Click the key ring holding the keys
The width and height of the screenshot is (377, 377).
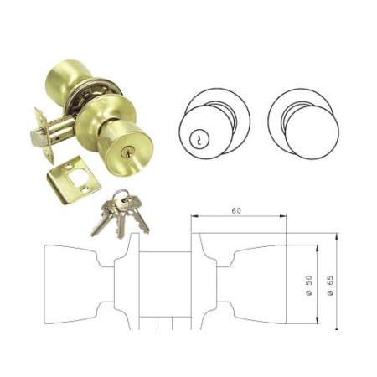122,198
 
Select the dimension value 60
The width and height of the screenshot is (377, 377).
238,210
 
